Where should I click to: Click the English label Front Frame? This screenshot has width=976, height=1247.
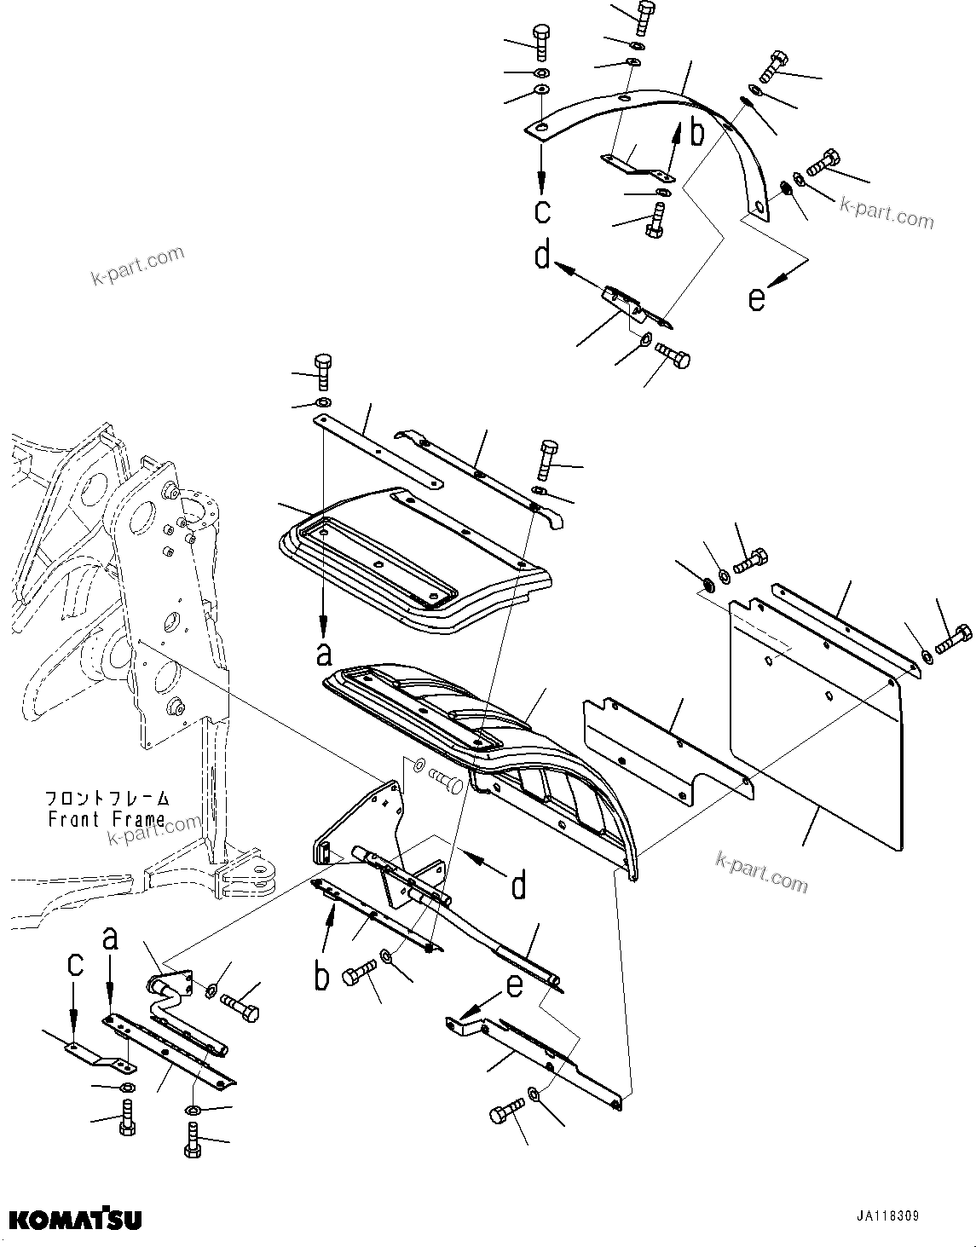coord(107,819)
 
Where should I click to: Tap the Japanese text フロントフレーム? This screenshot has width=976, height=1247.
coord(107,799)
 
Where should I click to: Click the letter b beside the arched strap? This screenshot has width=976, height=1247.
coord(696,134)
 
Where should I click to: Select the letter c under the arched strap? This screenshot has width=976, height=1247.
coord(542,209)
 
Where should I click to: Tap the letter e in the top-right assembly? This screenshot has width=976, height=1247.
coord(756,299)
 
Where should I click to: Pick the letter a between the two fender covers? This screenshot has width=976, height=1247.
coord(323,654)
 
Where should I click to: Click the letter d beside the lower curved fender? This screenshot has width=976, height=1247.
coord(518,886)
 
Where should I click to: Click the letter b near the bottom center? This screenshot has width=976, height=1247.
coord(321,977)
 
